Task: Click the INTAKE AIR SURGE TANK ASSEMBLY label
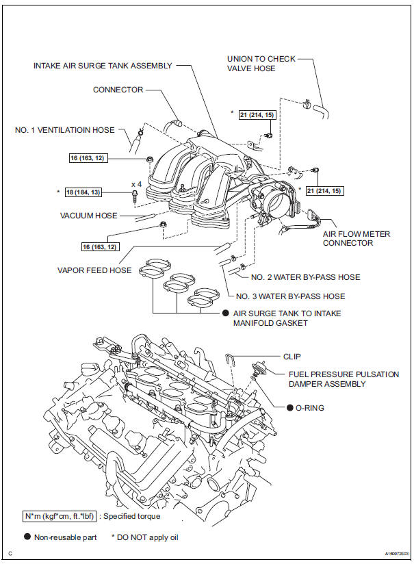pyautogui.click(x=103, y=66)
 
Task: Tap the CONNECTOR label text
pyautogui.click(x=118, y=90)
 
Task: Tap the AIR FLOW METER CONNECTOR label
pyautogui.click(x=357, y=239)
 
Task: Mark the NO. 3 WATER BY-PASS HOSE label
pyautogui.click(x=290, y=296)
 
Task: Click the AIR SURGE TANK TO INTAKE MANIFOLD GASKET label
pyautogui.click(x=287, y=318)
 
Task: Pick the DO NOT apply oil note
pyautogui.click(x=150, y=538)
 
